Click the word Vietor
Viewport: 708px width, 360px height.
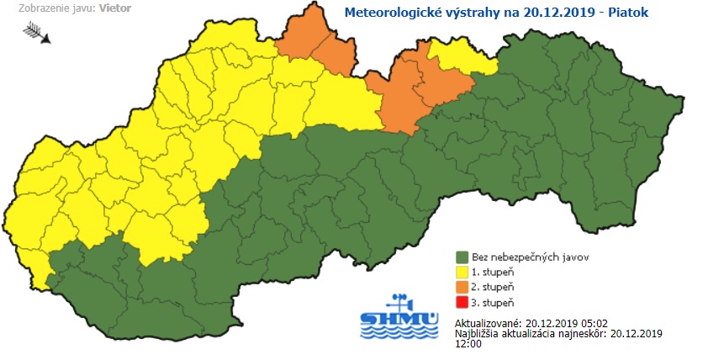click(x=114, y=8)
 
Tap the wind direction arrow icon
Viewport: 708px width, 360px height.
click(x=38, y=33)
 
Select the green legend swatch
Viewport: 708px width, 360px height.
click(x=462, y=257)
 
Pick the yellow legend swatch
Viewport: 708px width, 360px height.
click(x=462, y=272)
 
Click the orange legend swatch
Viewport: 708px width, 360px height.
click(x=462, y=287)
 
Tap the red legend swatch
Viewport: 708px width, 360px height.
click(x=462, y=302)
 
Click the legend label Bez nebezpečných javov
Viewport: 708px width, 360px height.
click(x=530, y=257)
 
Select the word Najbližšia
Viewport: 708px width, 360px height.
click(x=478, y=334)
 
